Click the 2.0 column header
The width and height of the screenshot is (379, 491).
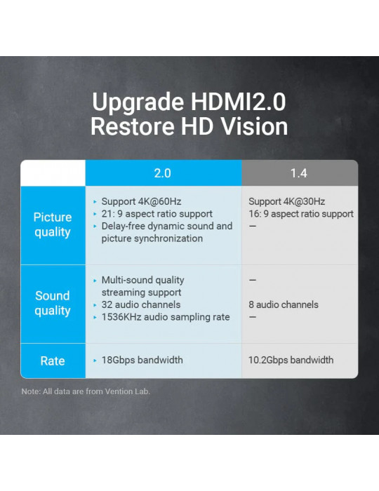click(x=163, y=173)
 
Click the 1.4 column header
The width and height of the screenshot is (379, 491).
click(x=299, y=173)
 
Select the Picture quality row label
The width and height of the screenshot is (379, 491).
click(x=53, y=225)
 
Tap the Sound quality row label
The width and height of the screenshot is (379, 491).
click(x=53, y=304)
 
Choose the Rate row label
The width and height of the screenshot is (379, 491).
click(x=53, y=361)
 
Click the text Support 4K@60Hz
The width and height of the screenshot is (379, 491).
click(x=141, y=201)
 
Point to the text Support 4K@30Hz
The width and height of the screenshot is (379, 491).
click(x=286, y=201)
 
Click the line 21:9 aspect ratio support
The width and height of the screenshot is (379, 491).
click(x=157, y=214)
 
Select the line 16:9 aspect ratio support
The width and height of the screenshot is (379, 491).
click(x=301, y=214)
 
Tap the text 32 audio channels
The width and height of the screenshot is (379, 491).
click(x=141, y=304)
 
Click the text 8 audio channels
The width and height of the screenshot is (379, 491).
click(x=284, y=304)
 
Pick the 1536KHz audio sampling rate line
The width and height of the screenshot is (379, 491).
click(x=166, y=317)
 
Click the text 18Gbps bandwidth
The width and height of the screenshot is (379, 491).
click(x=142, y=360)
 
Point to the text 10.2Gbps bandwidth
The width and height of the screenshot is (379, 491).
click(x=291, y=360)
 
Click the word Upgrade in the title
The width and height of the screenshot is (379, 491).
click(x=138, y=102)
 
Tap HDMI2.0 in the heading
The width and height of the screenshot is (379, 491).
click(x=239, y=102)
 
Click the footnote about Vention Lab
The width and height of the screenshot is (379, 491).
click(x=86, y=391)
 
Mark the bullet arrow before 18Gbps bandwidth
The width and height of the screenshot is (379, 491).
click(x=95, y=361)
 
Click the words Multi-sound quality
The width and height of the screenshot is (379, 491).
click(x=143, y=280)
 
